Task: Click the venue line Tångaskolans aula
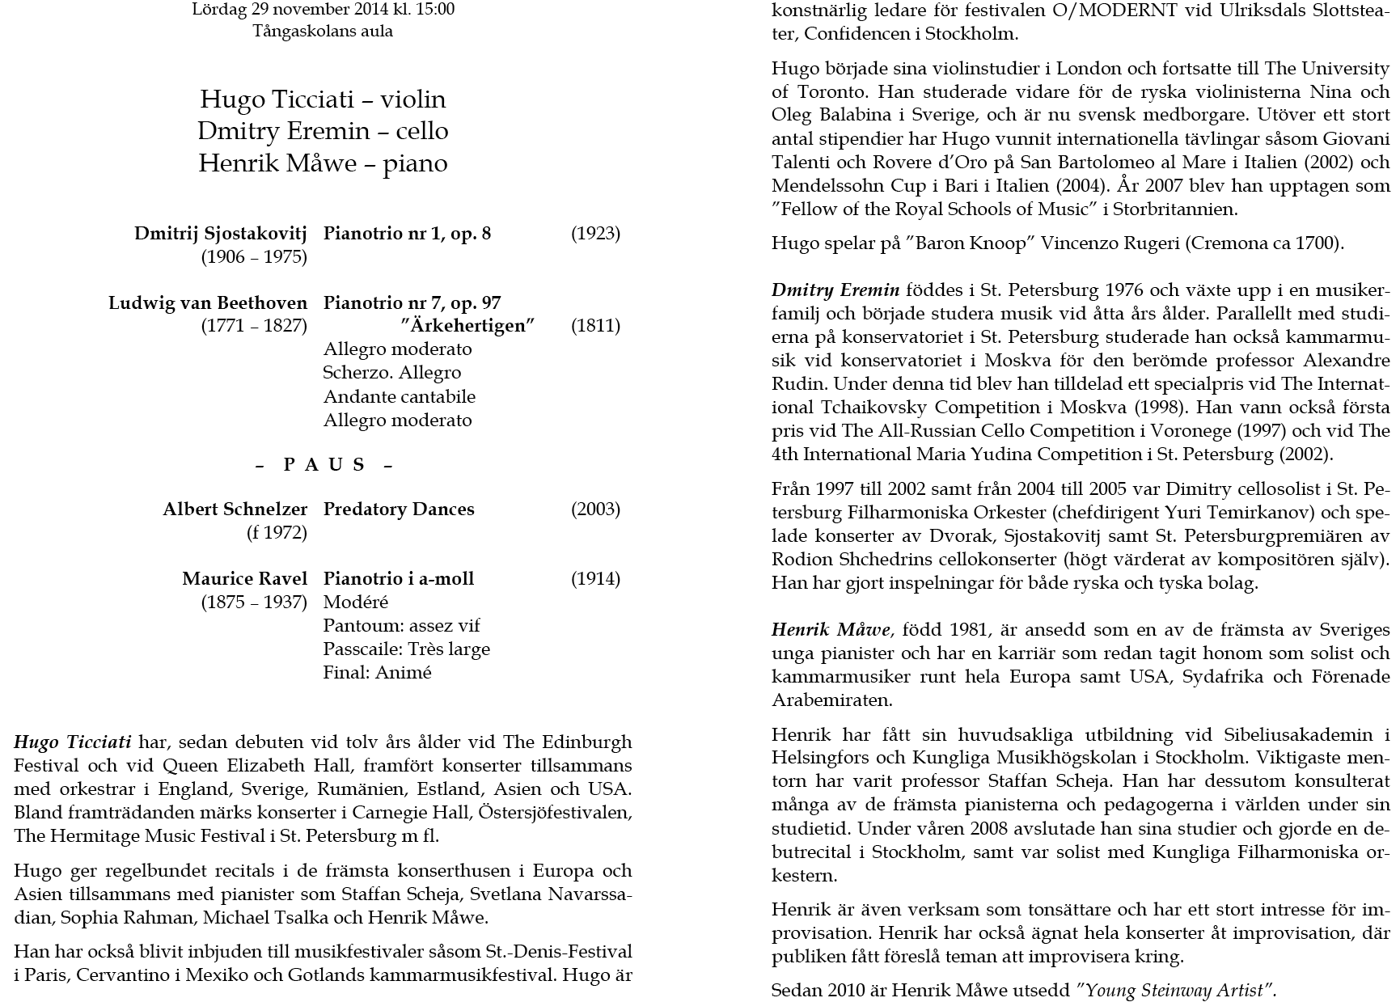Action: coord(323,32)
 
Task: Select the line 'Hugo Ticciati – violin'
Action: coord(323,99)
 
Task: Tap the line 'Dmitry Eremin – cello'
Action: coord(323,131)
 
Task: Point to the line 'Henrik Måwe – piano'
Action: coord(323,163)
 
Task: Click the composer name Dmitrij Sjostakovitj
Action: coord(221,234)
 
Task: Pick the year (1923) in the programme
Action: coord(595,234)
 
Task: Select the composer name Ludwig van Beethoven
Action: coord(208,303)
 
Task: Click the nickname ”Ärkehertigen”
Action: coord(468,326)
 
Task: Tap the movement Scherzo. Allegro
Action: coord(392,373)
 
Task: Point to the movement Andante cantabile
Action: coord(400,397)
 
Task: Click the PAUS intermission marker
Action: coord(324,465)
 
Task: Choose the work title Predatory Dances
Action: coord(399,509)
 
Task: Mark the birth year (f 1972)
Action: coord(277,533)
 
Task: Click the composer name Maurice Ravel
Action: coord(244,579)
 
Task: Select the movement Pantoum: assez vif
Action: coord(402,626)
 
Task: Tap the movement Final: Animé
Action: coord(378,673)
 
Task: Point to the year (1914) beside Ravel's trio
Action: coord(595,579)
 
